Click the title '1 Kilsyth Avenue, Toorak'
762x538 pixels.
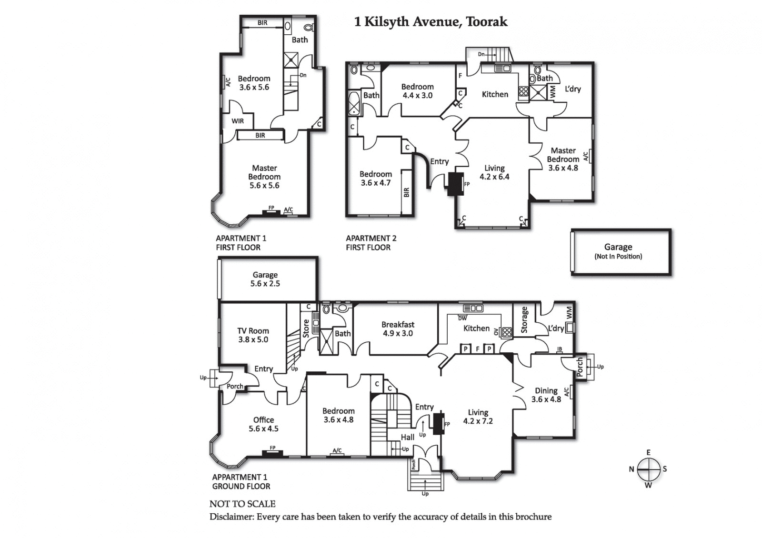tap(431, 22)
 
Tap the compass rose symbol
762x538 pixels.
tap(648, 469)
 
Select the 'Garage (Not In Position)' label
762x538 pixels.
tap(618, 251)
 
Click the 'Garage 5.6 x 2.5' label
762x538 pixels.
tap(265, 279)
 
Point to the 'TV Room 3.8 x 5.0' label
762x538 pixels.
tap(253, 335)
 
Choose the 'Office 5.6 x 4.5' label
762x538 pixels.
tap(263, 424)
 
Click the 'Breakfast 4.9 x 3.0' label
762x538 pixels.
tap(398, 329)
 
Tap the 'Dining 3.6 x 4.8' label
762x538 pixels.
tap(546, 395)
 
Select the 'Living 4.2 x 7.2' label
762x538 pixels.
tap(478, 417)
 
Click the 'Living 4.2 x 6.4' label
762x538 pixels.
tap(494, 172)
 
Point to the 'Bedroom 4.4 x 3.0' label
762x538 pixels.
tap(417, 91)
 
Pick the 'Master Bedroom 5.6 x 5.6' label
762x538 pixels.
tap(264, 177)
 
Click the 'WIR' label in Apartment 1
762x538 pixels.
tap(238, 121)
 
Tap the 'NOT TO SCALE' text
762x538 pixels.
tap(242, 504)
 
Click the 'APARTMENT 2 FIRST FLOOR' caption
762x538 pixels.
tap(371, 243)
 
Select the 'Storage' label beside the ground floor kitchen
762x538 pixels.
tap(524, 319)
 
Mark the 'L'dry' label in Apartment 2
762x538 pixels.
tap(573, 89)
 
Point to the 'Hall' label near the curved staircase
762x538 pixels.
tap(407, 437)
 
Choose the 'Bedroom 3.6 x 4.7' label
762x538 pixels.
tap(376, 179)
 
